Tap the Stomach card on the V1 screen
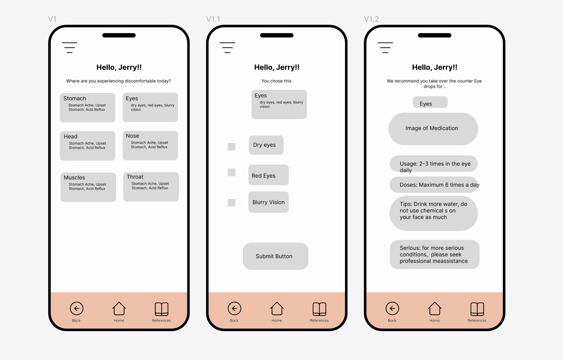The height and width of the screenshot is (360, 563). point(88,108)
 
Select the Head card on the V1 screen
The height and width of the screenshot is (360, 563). point(88,146)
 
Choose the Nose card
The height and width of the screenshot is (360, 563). point(150,145)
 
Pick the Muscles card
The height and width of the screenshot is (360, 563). point(88,187)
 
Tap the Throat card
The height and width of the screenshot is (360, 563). point(151,187)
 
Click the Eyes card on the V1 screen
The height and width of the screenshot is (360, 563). point(150,107)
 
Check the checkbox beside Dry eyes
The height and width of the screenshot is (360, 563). point(231,147)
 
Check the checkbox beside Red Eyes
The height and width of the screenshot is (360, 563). point(231,172)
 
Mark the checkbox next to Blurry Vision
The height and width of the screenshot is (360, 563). point(231,202)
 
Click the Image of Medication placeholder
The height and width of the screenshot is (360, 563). point(433,129)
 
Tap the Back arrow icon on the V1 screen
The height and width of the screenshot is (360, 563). point(77,309)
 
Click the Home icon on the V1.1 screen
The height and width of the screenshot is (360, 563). point(277,309)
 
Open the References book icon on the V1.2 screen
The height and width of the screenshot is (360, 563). point(477,309)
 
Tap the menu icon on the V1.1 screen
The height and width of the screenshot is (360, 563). point(227,47)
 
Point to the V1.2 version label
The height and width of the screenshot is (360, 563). point(371,19)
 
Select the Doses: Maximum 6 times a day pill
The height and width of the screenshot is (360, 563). point(433,185)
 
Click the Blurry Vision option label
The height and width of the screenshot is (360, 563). point(269,202)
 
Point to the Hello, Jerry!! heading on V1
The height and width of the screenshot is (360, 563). point(119,67)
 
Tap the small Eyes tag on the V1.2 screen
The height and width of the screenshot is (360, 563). point(430,102)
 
